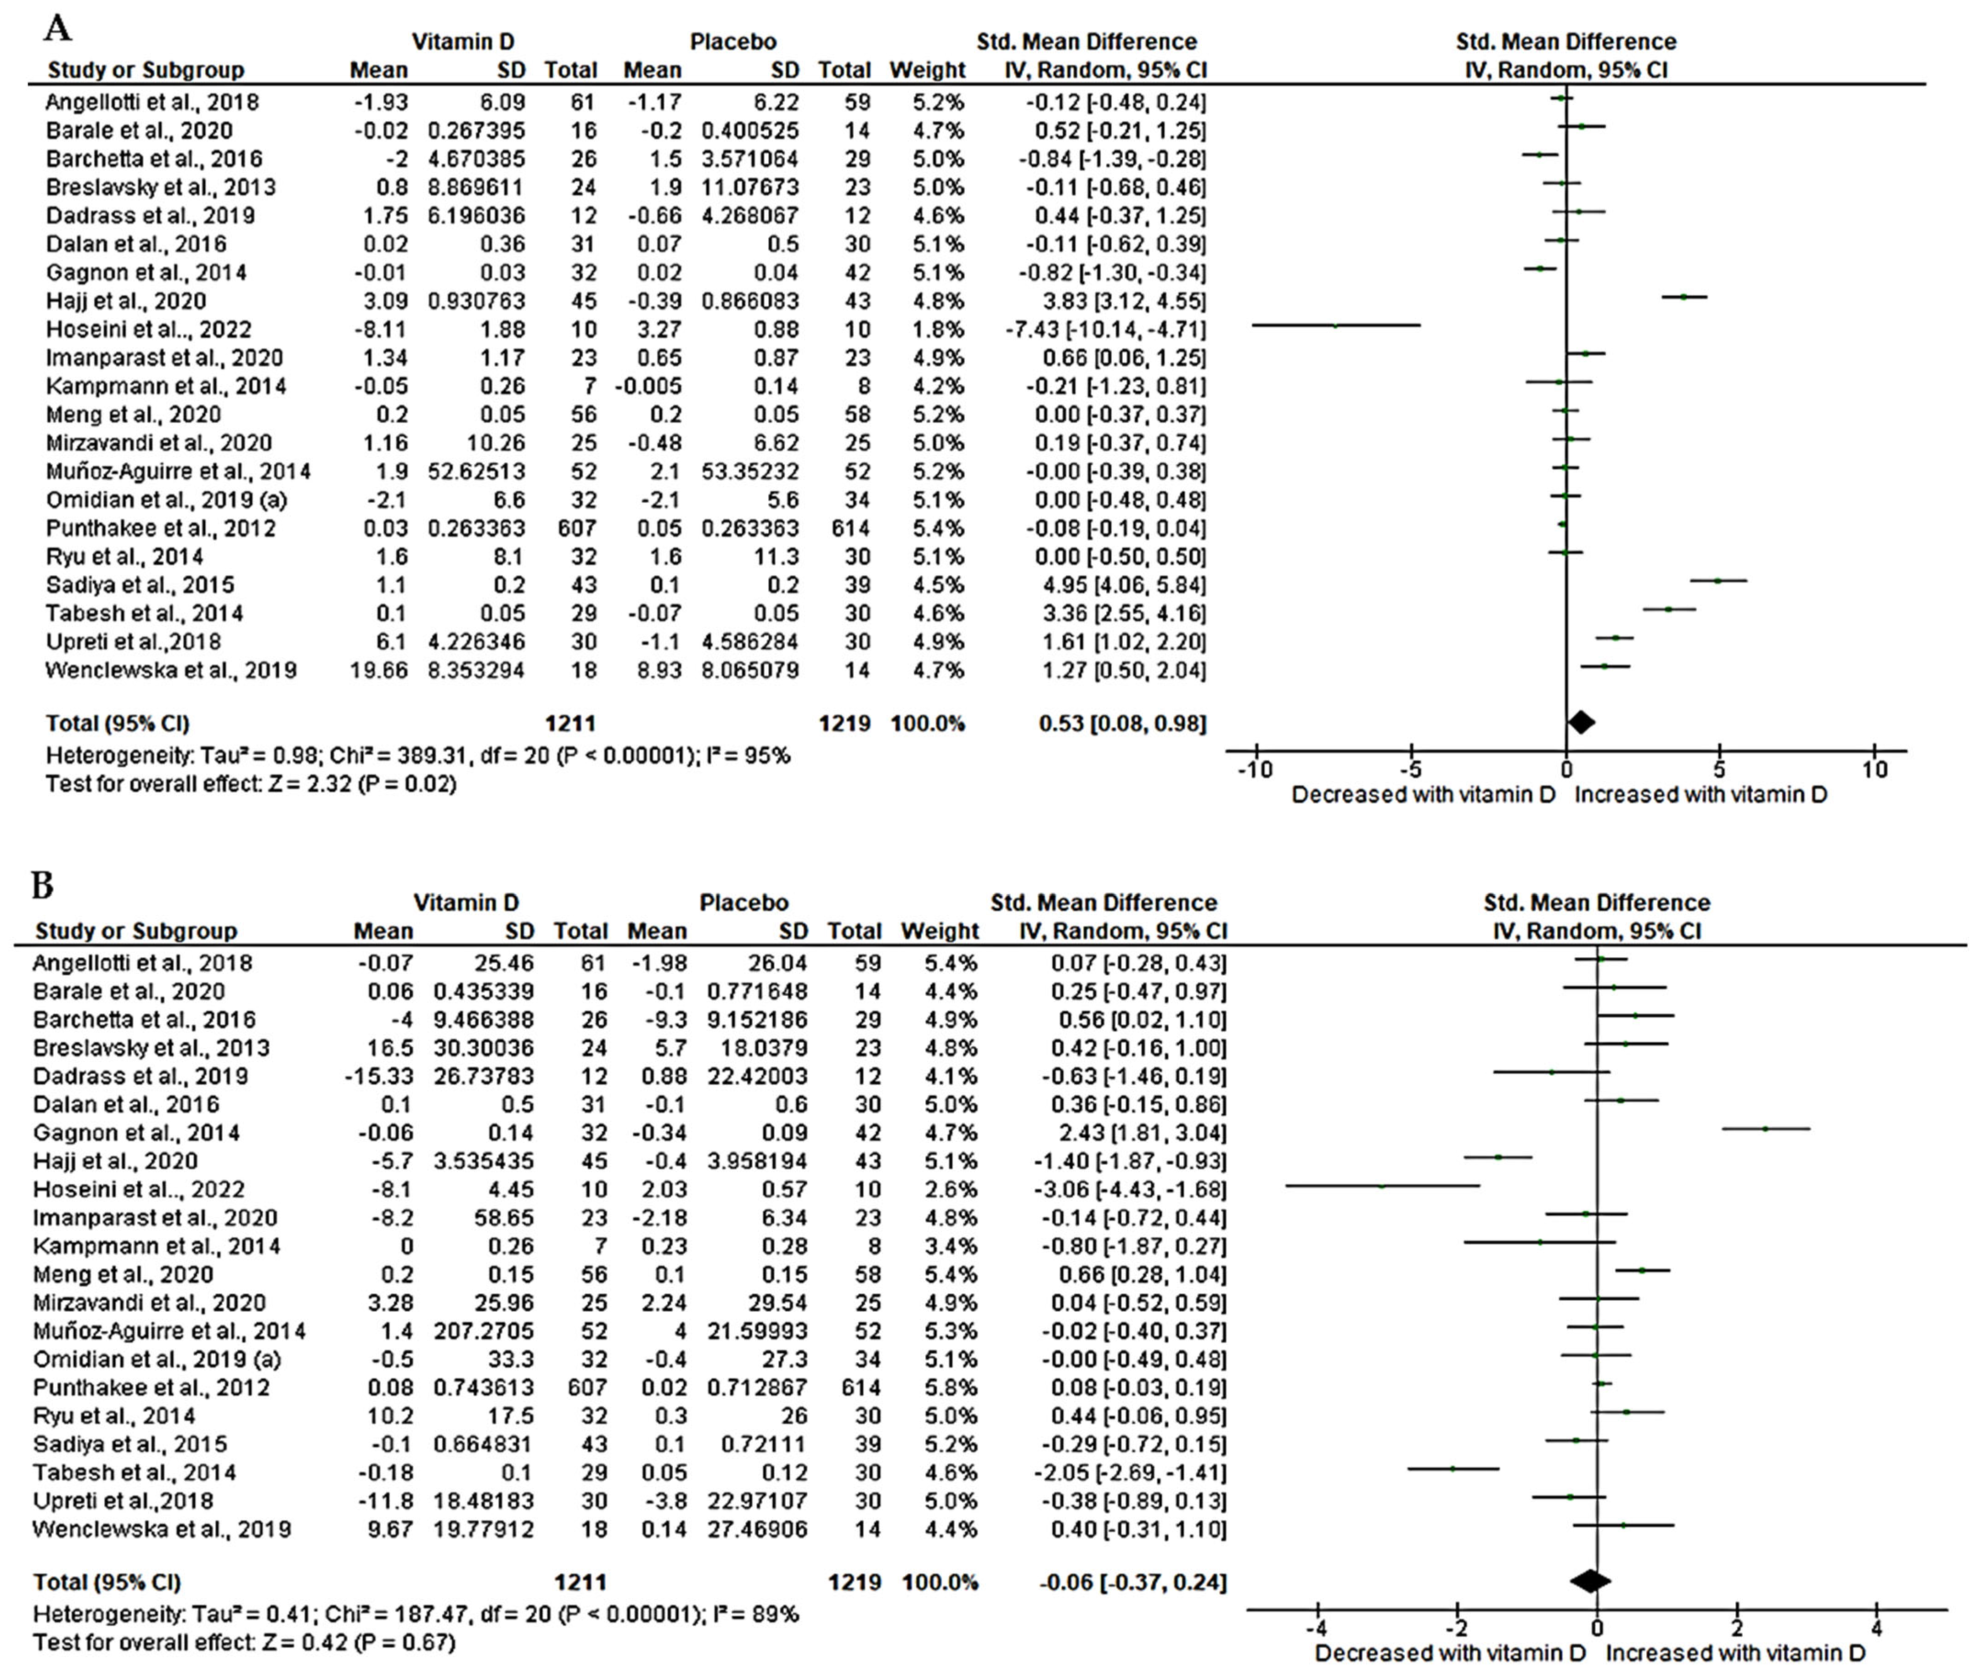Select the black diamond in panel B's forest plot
(x=1589, y=1582)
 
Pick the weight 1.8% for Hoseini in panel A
(x=938, y=329)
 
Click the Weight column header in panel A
(x=927, y=70)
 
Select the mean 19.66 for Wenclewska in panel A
(x=379, y=670)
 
